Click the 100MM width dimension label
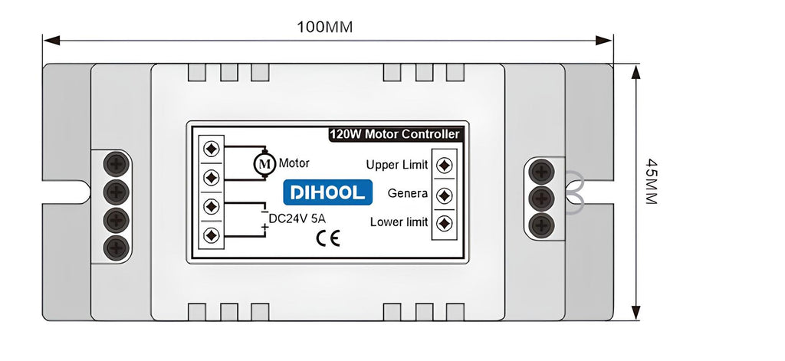(x=324, y=27)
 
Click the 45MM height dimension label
(x=652, y=181)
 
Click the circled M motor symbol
(x=264, y=163)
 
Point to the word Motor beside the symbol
(x=294, y=163)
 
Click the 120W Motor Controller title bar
(x=395, y=134)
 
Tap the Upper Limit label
(x=397, y=165)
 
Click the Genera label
(x=408, y=193)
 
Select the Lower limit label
(x=399, y=222)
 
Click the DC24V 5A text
(x=297, y=218)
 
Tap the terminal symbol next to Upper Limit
(x=444, y=165)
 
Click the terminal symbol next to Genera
(x=444, y=195)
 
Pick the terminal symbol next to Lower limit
(x=444, y=223)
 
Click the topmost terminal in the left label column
(x=211, y=147)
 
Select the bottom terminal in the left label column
(x=211, y=235)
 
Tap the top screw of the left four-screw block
(x=117, y=163)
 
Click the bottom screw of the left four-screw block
(x=117, y=247)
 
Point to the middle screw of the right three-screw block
(x=542, y=198)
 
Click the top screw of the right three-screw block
(x=542, y=171)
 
